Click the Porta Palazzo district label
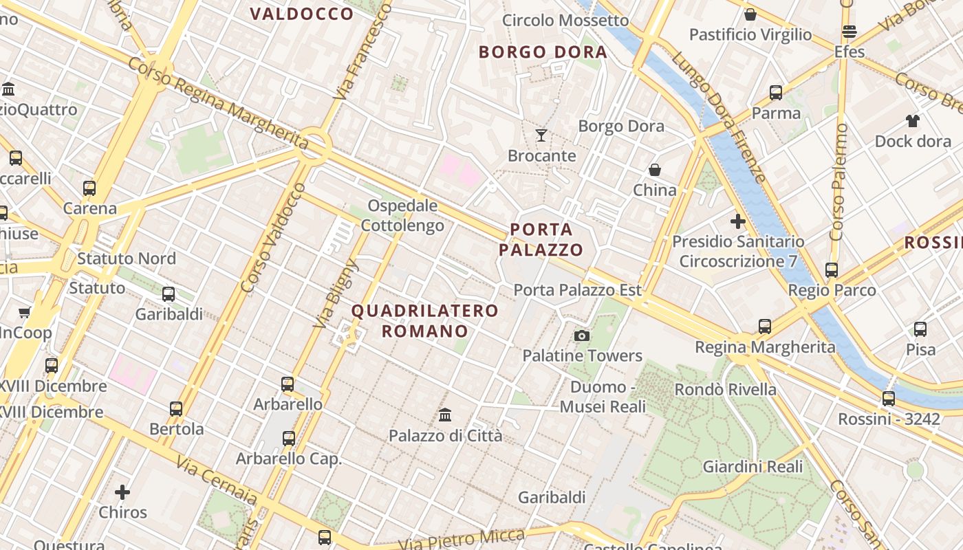tap(541, 239)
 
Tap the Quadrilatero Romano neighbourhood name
tap(425, 320)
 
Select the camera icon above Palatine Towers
tap(582, 335)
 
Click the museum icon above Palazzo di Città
tap(445, 415)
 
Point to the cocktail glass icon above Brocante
tap(541, 135)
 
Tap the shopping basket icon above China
tap(654, 169)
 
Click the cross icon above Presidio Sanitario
tap(738, 221)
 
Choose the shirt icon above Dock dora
tap(913, 121)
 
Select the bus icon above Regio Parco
tap(832, 269)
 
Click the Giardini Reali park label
tap(753, 467)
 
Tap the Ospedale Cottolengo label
tap(402, 215)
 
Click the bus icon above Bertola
tap(176, 408)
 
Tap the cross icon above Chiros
tap(122, 492)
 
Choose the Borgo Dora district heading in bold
tap(543, 52)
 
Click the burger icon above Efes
tap(850, 32)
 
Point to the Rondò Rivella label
tap(725, 389)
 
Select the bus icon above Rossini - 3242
tap(889, 398)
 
